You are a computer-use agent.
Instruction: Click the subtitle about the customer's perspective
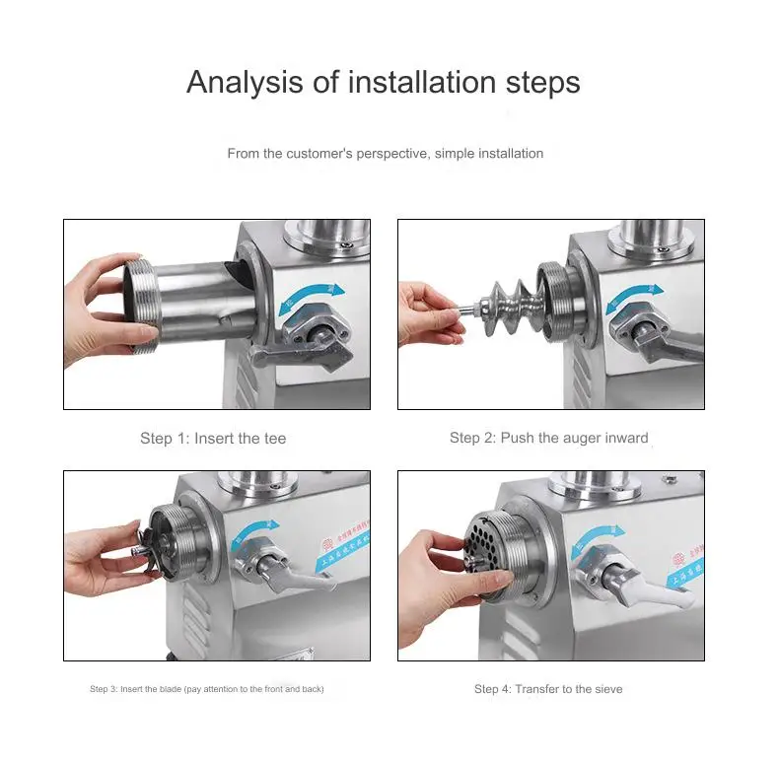pyautogui.click(x=385, y=154)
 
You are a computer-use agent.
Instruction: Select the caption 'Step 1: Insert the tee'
pyautogui.click(x=213, y=438)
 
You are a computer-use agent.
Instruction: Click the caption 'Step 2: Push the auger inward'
pyautogui.click(x=548, y=438)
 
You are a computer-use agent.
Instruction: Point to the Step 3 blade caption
pyautogui.click(x=206, y=689)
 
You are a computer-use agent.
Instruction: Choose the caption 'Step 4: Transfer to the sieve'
pyautogui.click(x=548, y=689)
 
